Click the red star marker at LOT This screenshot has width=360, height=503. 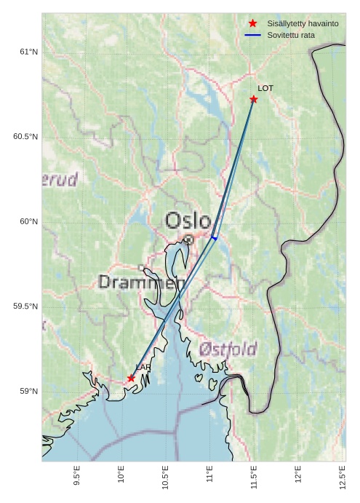point(254,99)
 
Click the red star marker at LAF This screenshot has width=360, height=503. point(131,378)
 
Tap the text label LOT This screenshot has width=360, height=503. point(265,88)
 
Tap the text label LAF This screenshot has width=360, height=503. point(143,367)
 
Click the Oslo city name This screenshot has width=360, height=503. point(188,221)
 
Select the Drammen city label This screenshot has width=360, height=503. point(142,282)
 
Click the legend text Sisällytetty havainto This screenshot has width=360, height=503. point(303,23)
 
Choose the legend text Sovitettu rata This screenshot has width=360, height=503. point(291,35)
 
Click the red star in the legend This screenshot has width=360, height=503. point(252,23)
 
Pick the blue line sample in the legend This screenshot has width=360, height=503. point(252,35)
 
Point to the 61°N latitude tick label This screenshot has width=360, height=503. point(28,52)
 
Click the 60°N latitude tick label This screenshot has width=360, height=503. point(28,221)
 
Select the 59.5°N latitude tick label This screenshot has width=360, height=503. point(25,306)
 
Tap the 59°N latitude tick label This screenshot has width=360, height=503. point(28,392)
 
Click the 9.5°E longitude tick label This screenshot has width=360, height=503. point(77,477)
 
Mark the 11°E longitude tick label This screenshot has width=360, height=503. point(209,477)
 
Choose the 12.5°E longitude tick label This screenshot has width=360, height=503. point(343,477)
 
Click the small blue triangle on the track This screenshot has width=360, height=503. point(214,237)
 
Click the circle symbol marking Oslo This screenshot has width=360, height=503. point(188,239)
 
